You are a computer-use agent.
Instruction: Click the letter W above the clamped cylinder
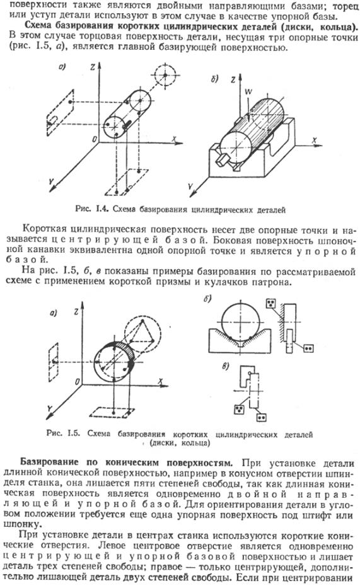248,91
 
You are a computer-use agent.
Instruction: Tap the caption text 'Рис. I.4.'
92,209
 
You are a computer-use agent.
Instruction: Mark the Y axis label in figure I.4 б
191,186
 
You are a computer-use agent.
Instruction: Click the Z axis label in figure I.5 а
76,311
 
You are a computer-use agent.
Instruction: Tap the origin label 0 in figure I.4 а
94,139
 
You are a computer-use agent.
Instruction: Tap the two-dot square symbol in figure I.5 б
308,349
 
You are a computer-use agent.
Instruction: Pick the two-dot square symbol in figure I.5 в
262,417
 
